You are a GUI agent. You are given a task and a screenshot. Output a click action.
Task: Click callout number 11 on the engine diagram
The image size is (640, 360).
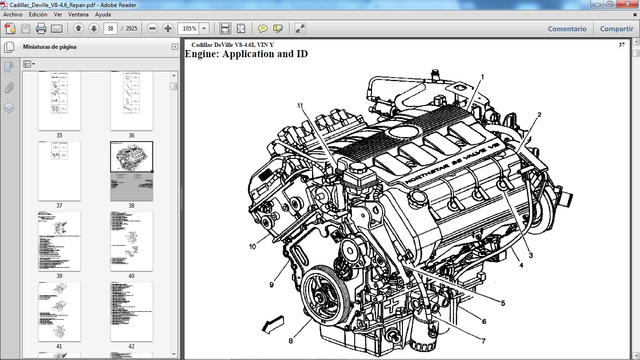pyautogui.click(x=300, y=106)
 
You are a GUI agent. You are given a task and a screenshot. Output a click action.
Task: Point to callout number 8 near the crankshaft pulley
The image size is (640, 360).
pyautogui.click(x=290, y=341)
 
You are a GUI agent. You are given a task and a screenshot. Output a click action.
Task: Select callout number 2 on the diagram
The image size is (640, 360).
pyautogui.click(x=539, y=114)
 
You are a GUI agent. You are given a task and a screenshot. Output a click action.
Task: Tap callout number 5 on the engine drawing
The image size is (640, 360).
pyautogui.click(x=503, y=303)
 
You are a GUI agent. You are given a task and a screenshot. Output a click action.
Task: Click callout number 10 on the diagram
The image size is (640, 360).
pyautogui.click(x=253, y=247)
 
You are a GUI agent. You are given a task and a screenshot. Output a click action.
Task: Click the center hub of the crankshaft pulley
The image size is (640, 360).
pyautogui.click(x=323, y=297)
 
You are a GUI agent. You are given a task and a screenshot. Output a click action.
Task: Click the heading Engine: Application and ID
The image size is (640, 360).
pyautogui.click(x=246, y=54)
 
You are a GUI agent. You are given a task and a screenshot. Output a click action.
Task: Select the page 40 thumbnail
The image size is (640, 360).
pyautogui.click(x=131, y=241)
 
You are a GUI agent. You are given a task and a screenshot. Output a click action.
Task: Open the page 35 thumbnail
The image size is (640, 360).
pyautogui.click(x=59, y=100)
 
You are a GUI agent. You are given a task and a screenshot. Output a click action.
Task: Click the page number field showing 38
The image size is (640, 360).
pyautogui.click(x=110, y=29)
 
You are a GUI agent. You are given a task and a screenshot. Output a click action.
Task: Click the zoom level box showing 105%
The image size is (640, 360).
pyautogui.click(x=189, y=29)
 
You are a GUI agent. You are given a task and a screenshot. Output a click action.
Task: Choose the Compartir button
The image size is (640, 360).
pyautogui.click(x=616, y=29)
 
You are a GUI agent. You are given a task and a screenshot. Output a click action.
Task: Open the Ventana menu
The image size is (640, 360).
pyautogui.click(x=78, y=15)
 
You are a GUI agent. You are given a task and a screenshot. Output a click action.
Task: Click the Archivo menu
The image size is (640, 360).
pyautogui.click(x=13, y=15)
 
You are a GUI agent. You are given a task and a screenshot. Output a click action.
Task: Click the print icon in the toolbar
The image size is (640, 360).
pyautogui.click(x=41, y=29)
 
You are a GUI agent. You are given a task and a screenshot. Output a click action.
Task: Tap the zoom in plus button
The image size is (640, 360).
pyautogui.click(x=168, y=29)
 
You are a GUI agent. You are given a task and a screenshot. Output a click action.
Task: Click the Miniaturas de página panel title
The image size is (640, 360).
pyautogui.click(x=50, y=47)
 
